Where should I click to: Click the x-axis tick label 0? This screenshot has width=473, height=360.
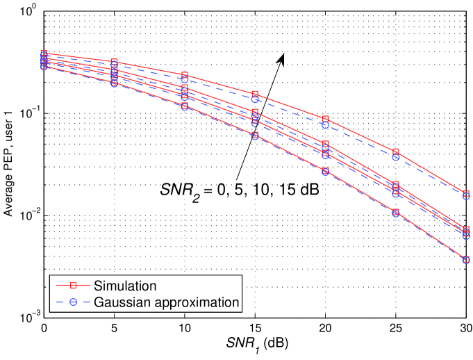[44, 327]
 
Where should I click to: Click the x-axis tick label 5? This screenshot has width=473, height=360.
[114, 327]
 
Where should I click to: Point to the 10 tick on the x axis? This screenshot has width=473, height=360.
[185, 327]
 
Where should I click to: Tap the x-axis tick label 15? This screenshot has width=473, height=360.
[255, 327]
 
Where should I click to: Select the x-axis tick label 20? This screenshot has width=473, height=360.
[325, 327]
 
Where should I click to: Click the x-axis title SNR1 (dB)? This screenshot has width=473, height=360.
[255, 345]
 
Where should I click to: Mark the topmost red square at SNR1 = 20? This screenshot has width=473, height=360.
[325, 120]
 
